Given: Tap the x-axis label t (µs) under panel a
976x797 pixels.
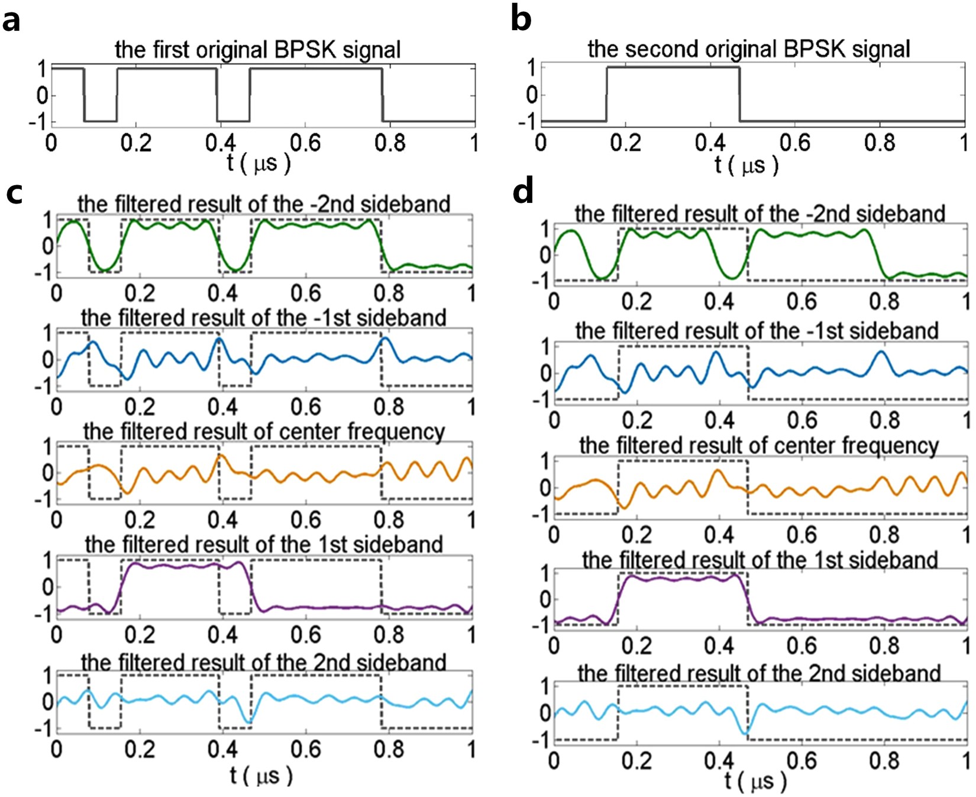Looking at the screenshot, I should [x=259, y=163].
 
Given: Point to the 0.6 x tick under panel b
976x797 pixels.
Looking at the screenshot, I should [x=795, y=142].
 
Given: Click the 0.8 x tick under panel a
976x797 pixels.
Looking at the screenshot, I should [x=389, y=142].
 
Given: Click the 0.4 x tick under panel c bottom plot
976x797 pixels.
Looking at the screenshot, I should [x=222, y=748].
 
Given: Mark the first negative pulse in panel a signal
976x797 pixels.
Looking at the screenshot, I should [x=100, y=121].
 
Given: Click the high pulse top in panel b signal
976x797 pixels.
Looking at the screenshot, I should [x=673, y=67].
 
